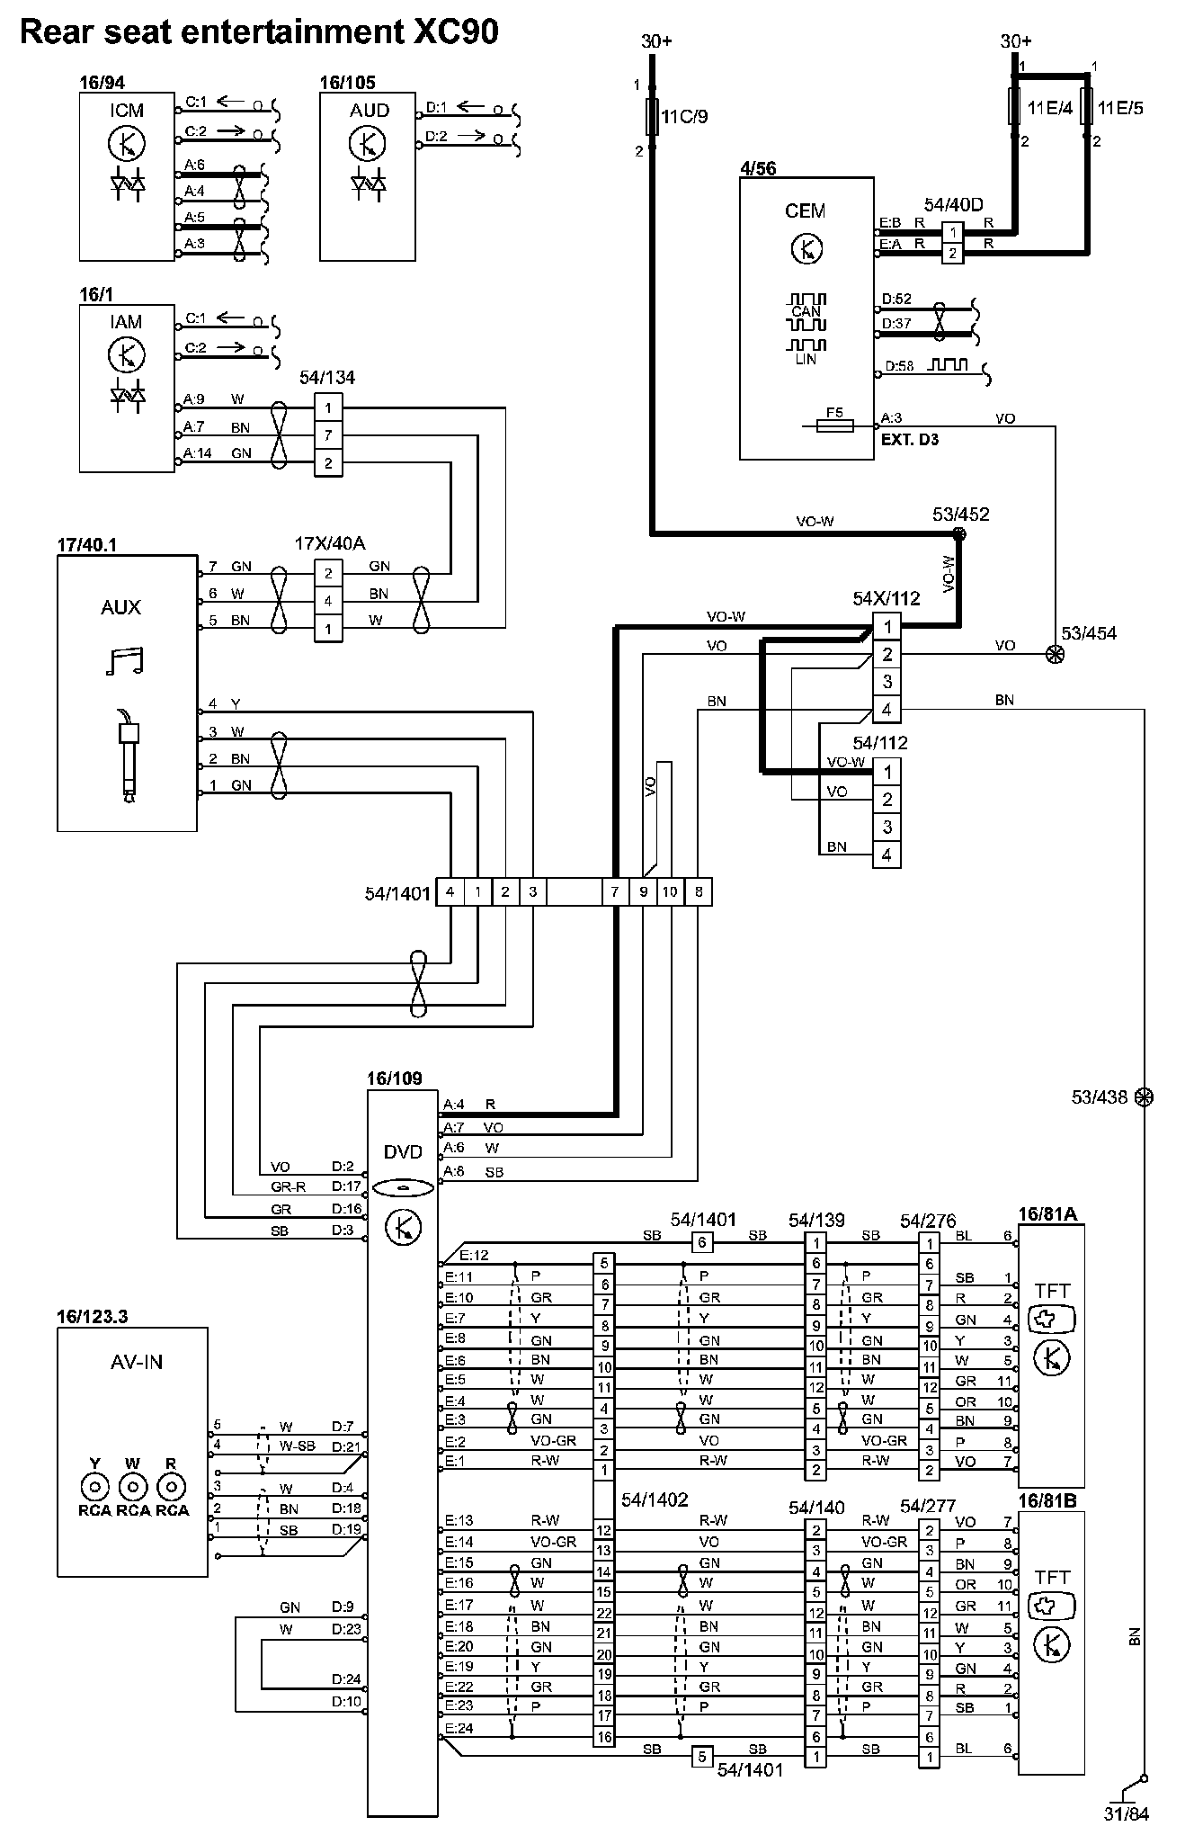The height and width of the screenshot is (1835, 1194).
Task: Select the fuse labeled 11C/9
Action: (x=653, y=117)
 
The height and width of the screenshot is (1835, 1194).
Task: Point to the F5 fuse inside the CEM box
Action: (x=834, y=425)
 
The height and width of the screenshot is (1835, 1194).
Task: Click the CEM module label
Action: (x=805, y=210)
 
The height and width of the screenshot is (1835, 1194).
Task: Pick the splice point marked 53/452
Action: (x=959, y=534)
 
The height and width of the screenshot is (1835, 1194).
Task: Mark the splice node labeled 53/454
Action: (x=1055, y=656)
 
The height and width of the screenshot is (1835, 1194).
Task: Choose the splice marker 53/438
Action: (x=1144, y=1097)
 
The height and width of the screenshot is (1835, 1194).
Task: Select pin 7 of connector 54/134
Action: (x=328, y=435)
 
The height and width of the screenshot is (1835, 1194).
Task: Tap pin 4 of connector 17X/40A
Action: (x=328, y=601)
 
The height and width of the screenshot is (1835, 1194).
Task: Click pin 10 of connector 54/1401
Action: (x=670, y=892)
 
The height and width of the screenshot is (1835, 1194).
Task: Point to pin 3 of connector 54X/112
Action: (x=887, y=682)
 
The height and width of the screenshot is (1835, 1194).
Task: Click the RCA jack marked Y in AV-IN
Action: (x=94, y=1486)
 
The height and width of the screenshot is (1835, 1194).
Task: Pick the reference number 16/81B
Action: (x=1047, y=1501)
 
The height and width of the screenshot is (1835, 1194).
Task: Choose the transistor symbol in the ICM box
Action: (x=126, y=143)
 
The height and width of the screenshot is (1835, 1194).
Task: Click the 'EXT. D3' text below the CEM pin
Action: (x=910, y=440)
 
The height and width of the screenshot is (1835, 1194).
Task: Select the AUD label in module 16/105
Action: (x=369, y=111)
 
